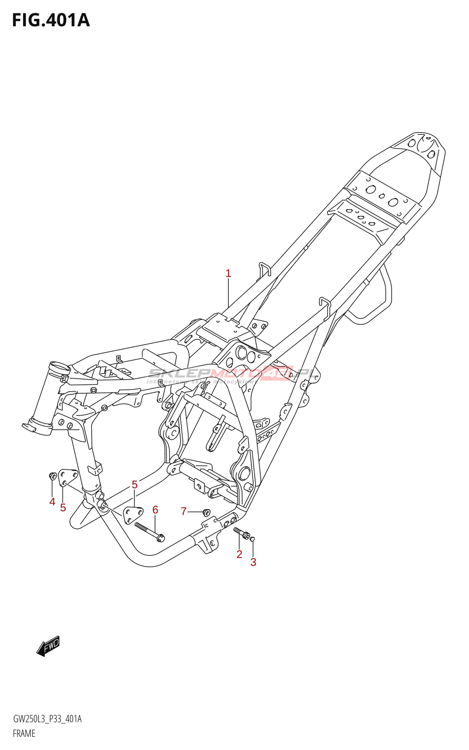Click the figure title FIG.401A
tap(51, 20)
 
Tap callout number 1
tap(228, 273)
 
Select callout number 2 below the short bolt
tap(239, 554)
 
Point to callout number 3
tap(253, 562)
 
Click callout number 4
tap(52, 502)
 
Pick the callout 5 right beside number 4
tap(63, 508)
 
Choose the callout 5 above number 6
tap(135, 484)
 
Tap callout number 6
tap(155, 510)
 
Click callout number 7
tap(184, 511)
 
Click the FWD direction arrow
tap(48, 646)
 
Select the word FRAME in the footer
tap(24, 734)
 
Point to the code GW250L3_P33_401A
tap(47, 719)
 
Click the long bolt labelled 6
tap(149, 532)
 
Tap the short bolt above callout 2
tap(242, 532)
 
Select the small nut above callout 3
tap(253, 539)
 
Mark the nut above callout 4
tap(52, 476)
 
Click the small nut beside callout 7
tap(205, 512)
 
